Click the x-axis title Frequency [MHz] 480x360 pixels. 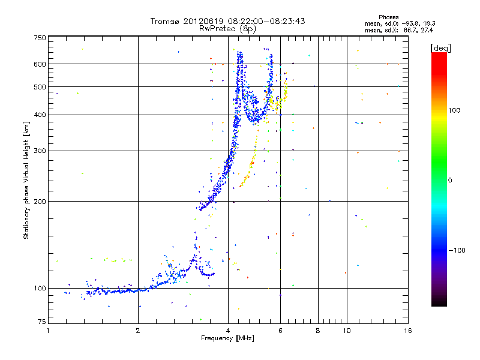227,339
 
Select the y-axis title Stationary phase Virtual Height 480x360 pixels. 26,181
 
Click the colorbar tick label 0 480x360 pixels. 450,180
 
